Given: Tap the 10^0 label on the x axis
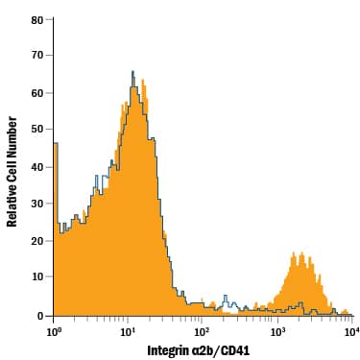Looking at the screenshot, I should (x=54, y=330).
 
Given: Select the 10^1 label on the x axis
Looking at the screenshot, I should (x=129, y=330).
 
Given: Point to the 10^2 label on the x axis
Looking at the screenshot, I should (x=203, y=330).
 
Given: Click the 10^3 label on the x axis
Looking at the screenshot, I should (x=277, y=330).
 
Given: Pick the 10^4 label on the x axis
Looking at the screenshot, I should (x=351, y=330).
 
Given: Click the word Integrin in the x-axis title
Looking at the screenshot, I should (x=170, y=349).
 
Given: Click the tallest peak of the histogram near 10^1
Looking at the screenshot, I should (x=132, y=73).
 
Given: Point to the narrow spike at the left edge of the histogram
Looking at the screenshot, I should (x=56, y=144).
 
